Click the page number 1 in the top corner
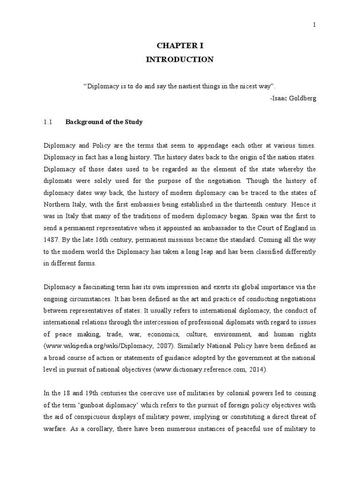(314, 24)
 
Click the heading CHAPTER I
(180, 45)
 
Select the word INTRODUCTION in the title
(180, 60)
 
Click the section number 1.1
(47, 122)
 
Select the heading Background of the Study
(104, 122)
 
